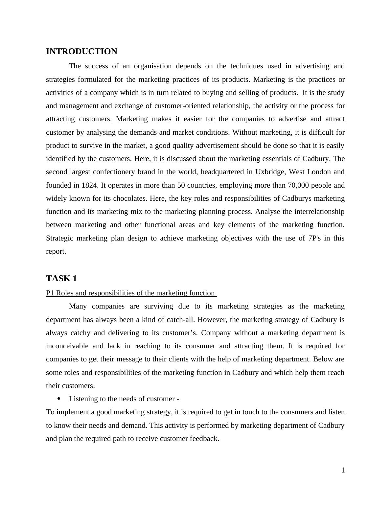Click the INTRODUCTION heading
pos(81,52)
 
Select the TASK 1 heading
pos(61,279)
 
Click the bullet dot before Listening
pos(59,399)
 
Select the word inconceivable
pos(67,346)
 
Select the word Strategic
pos(59,238)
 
